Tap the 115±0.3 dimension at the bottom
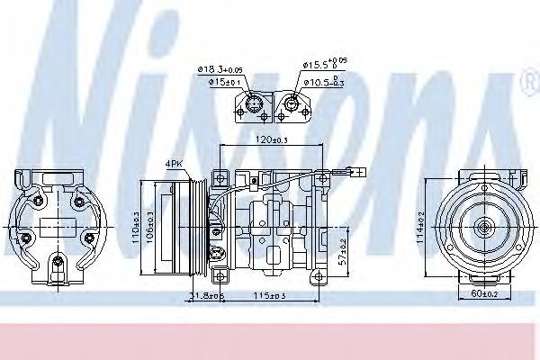click(270, 296)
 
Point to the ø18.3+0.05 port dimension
click(220, 69)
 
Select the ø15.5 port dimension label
click(324, 66)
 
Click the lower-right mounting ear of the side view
click(313, 278)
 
